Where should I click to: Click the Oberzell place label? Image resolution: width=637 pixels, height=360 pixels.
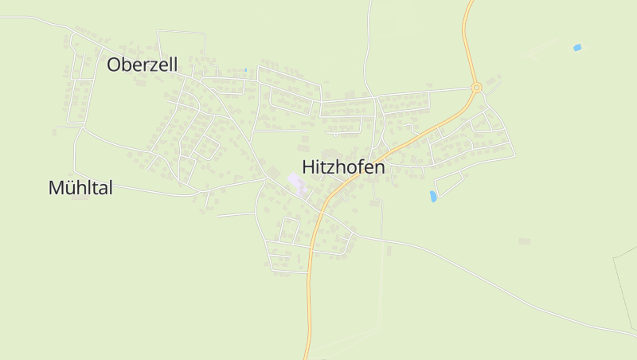pos(143,65)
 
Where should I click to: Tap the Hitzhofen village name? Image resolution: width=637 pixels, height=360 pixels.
pos(344,167)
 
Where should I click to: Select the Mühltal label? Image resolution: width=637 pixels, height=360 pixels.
pos(80,188)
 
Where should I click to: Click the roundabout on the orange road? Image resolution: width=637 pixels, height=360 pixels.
pos(477,88)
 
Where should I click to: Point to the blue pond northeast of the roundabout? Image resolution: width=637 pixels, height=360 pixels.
pos(577,48)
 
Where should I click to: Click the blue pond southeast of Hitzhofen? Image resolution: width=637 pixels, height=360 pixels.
pos(433,196)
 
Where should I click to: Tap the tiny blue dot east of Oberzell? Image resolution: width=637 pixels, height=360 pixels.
pos(246,69)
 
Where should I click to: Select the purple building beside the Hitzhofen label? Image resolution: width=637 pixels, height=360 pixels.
pos(295,182)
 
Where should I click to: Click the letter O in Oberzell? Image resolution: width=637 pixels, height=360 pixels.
pos(114,65)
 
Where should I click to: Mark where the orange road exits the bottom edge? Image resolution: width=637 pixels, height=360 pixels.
pos(306,358)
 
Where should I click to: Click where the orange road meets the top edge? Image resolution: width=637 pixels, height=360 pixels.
pos(470,2)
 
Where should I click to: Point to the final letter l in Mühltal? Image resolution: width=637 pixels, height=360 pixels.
pos(110,188)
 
